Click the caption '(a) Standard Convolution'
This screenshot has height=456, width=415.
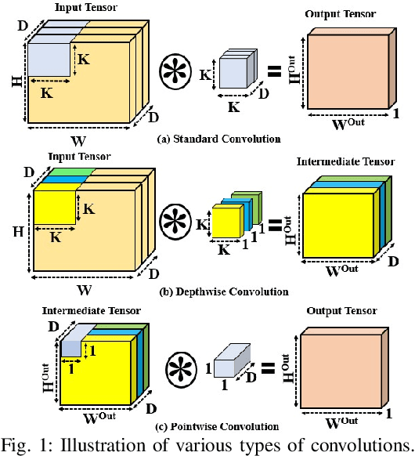pos(207,139)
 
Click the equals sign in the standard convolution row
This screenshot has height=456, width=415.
pos(274,72)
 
